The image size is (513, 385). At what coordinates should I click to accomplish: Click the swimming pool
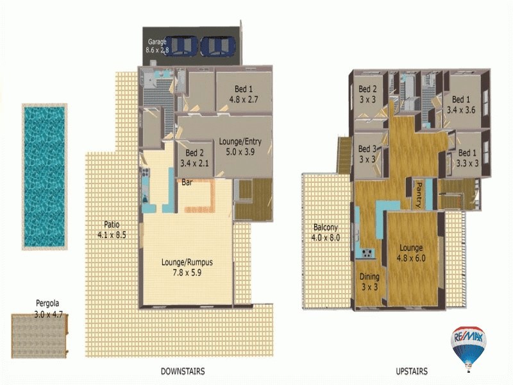pyautogui.click(x=44, y=176)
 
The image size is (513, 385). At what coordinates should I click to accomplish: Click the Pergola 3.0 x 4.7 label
pyautogui.click(x=49, y=311)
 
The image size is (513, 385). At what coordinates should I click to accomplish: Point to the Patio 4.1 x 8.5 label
pyautogui.click(x=112, y=230)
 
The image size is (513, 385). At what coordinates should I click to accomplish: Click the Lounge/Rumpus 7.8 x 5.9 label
pyautogui.click(x=187, y=267)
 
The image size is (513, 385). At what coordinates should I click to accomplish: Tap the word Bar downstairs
pyautogui.click(x=187, y=183)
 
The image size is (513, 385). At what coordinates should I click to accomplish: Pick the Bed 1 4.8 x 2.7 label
pyautogui.click(x=243, y=94)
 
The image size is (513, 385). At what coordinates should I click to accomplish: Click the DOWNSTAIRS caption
pyautogui.click(x=183, y=371)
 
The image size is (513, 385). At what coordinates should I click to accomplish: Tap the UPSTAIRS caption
pyautogui.click(x=412, y=371)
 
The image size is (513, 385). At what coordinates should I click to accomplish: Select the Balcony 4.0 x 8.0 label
pyautogui.click(x=326, y=232)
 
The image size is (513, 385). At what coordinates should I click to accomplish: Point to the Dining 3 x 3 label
pyautogui.click(x=369, y=282)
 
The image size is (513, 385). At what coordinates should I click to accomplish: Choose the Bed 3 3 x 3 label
pyautogui.click(x=368, y=154)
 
